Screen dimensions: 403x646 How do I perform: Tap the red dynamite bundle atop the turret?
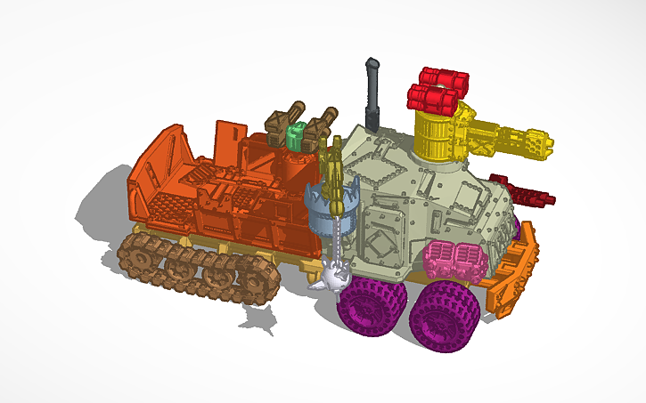tap(437, 86)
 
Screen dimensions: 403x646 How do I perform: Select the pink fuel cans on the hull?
tap(455, 261)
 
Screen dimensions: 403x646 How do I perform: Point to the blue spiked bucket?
tap(324, 204)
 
